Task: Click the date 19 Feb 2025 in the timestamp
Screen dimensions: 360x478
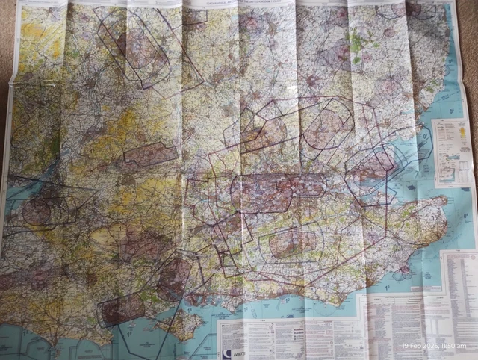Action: coord(420,345)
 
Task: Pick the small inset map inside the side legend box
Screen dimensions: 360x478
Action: coord(447,173)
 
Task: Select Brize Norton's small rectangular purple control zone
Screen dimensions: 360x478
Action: coord(149,154)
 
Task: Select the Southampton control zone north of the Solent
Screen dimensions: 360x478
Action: coord(173,276)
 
